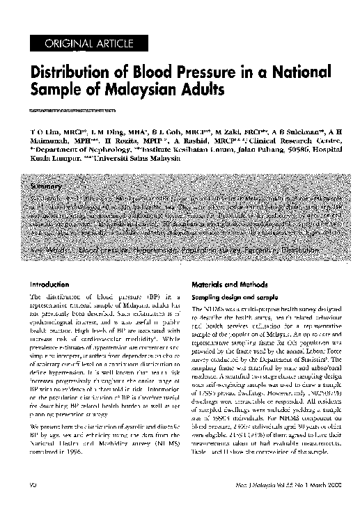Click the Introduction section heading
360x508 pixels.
49,284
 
